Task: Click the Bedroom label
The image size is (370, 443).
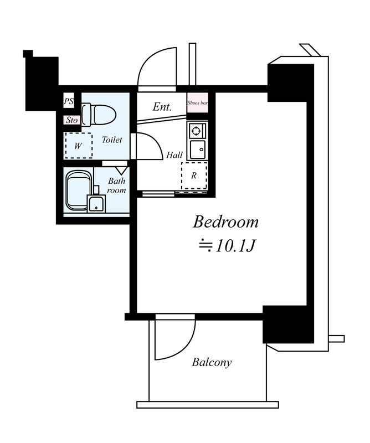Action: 225,222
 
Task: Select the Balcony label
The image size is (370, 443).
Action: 212,362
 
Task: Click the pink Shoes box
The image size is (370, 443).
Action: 198,103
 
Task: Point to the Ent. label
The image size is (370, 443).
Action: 162,107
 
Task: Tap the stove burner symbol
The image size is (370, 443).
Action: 196,131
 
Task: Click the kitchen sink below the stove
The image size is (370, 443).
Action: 197,150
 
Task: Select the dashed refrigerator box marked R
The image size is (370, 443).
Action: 194,176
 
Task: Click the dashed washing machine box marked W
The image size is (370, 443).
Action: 79,146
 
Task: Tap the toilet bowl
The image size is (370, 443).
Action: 99,115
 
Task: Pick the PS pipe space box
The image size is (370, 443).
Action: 69,101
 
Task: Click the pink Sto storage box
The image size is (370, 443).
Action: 72,120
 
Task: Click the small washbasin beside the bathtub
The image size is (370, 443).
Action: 96,204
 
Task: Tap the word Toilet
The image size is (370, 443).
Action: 112,140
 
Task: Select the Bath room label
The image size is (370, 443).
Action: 116,186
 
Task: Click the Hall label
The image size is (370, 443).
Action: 174,155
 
